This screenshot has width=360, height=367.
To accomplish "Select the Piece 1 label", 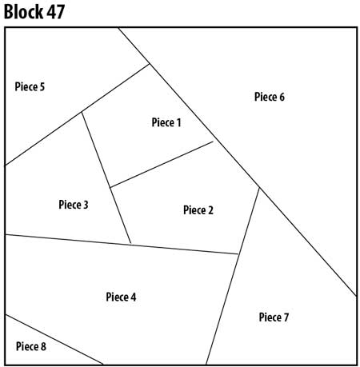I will point(166,122).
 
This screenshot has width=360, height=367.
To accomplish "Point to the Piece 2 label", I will point(198,210).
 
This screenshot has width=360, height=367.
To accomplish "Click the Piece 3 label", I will point(74,205).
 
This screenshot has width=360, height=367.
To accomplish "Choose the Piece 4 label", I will point(121,297).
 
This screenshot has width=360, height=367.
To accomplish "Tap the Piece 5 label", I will point(30,86).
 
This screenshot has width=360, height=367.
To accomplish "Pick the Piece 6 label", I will point(270,98).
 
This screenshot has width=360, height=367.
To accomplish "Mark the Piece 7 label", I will point(274,317).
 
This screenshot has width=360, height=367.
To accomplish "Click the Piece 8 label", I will point(30,346).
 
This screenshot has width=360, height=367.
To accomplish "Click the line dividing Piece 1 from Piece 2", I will point(162,165).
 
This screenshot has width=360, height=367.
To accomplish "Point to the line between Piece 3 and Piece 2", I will point(121,216).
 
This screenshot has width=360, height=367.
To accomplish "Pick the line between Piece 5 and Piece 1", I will point(116,88).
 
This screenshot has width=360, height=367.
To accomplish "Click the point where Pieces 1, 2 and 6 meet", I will point(214,142).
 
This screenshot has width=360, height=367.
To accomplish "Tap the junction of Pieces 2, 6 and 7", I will point(259,188).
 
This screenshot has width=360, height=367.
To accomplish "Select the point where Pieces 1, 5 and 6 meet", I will point(150,64).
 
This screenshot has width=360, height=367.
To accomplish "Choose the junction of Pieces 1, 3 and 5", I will point(82,111).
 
